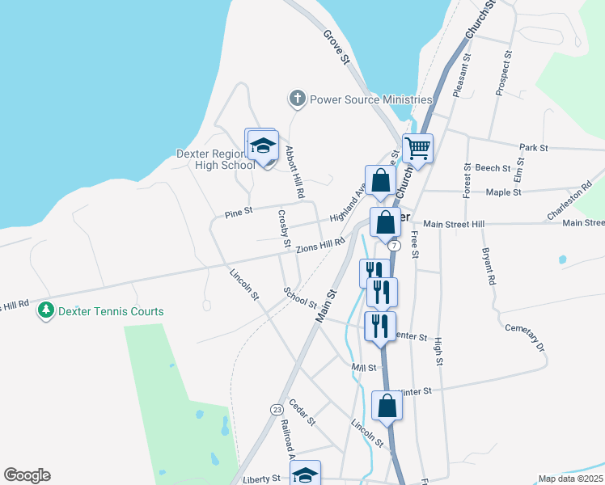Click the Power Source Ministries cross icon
click(x=297, y=99)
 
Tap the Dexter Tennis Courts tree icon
click(x=47, y=311)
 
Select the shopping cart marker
click(x=417, y=149)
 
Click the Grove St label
click(x=336, y=48)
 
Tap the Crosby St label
click(x=284, y=229)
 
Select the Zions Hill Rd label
click(x=320, y=246)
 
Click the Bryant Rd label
click(x=488, y=268)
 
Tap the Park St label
click(x=534, y=148)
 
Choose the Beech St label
click(x=493, y=169)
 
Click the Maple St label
click(x=503, y=192)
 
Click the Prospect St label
click(x=503, y=74)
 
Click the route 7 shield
click(x=394, y=244)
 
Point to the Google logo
click(x=27, y=475)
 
